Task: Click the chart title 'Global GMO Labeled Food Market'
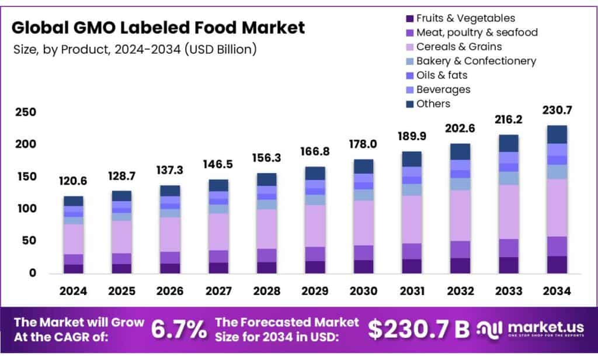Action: [158, 27]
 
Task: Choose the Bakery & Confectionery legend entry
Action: [476, 61]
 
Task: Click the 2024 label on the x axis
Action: [74, 290]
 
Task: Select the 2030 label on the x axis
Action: [364, 290]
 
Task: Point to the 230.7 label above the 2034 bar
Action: [557, 110]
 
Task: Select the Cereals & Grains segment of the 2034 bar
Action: [557, 207]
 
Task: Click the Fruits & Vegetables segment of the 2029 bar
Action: [315, 266]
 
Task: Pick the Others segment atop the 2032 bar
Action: [460, 151]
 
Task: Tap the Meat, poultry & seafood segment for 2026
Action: [171, 258]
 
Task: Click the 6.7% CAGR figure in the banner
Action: [179, 330]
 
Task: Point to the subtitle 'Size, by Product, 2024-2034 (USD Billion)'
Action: [134, 49]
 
